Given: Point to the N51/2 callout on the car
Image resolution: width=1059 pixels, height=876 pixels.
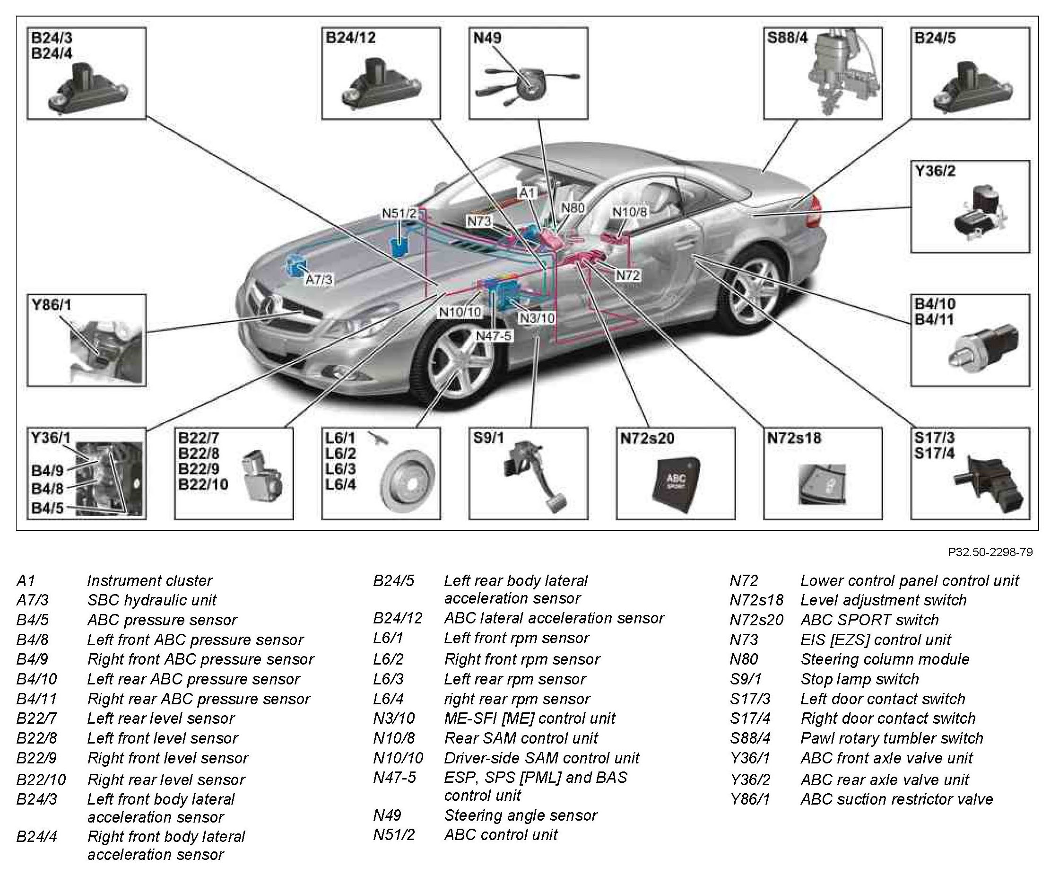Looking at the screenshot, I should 399,213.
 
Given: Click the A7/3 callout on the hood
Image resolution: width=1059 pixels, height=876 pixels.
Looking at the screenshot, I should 319,279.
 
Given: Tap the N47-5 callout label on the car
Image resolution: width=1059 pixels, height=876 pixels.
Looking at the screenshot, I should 493,335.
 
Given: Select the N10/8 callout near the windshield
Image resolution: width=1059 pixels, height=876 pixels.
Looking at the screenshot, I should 629,212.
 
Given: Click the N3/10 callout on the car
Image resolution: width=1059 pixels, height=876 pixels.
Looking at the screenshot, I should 537,318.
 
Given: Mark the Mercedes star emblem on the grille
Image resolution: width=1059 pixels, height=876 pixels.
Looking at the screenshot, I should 268,305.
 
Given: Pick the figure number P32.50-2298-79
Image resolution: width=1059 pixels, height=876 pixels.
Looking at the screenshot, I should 990,552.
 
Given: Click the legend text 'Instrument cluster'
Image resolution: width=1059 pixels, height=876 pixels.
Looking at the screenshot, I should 149,581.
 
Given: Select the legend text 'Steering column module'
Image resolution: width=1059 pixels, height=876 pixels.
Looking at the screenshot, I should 885,659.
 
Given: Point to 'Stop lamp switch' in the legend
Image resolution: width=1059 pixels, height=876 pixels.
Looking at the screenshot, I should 859,679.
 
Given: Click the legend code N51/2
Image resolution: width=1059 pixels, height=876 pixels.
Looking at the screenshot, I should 393,835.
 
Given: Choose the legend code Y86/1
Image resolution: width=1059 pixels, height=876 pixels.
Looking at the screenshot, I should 750,799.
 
